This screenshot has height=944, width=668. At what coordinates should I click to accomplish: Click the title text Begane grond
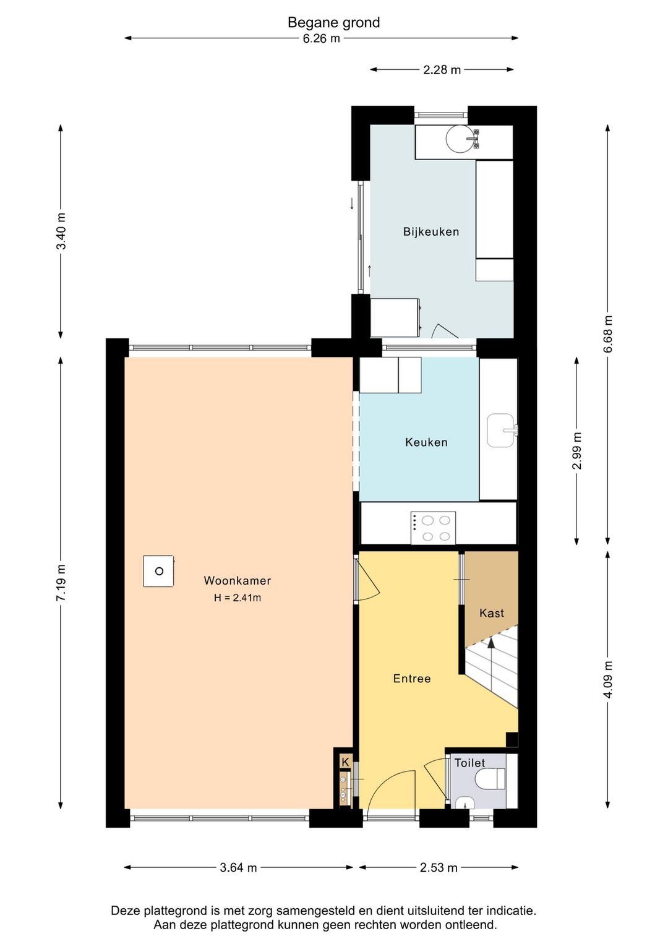coord(333,22)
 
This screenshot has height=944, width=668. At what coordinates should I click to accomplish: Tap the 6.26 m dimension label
coord(321,38)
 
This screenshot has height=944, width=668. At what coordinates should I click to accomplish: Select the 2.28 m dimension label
coord(442,69)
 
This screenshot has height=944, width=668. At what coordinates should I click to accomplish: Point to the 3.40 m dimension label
coord(61,231)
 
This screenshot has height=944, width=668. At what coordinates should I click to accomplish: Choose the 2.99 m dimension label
coord(576,450)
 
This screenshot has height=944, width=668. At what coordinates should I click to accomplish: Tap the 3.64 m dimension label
coord(238,867)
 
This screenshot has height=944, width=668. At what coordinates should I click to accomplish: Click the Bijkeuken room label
coord(430,232)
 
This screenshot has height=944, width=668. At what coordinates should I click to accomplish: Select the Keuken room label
coord(426,442)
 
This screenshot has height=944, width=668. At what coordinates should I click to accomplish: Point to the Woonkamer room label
coord(238,580)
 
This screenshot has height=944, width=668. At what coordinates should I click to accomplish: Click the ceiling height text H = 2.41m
coord(238,598)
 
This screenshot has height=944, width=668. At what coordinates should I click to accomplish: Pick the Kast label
coord(491,613)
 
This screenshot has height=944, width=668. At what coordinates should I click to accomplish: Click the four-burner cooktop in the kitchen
coord(433,528)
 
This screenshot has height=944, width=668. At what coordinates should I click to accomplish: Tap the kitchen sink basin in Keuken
coord(500,431)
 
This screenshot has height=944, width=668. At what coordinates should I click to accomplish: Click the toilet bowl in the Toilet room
coord(490,778)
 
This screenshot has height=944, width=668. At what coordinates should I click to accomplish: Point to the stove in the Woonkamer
coord(158,571)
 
